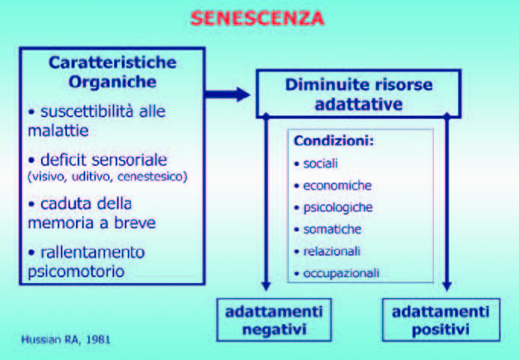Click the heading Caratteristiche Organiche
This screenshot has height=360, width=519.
112,71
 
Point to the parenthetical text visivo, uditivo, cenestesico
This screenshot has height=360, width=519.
107,177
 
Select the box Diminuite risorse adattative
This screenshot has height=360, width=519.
358,94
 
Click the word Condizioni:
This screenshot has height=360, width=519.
328,142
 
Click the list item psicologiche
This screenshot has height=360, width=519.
334,207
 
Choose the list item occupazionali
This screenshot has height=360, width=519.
339,272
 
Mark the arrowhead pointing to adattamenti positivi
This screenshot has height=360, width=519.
447,286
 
